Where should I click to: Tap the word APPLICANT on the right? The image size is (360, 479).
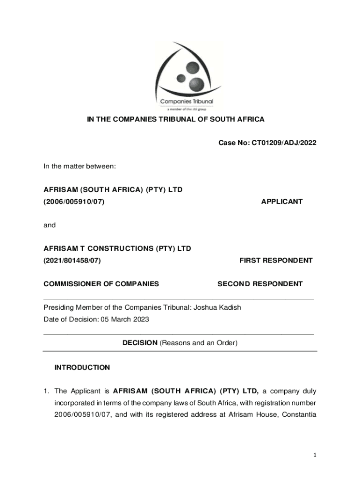[x=281, y=202]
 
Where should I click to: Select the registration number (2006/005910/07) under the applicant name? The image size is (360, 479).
[x=74, y=202]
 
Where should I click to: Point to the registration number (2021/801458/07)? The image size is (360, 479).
[x=72, y=260]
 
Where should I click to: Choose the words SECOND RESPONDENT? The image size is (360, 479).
[x=260, y=283]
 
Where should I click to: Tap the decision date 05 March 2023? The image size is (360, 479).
[x=123, y=319]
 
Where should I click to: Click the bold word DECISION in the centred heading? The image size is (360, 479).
[x=140, y=343]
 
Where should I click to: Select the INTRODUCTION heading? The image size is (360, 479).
[x=82, y=367]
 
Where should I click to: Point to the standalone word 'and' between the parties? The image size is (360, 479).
[x=50, y=225]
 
